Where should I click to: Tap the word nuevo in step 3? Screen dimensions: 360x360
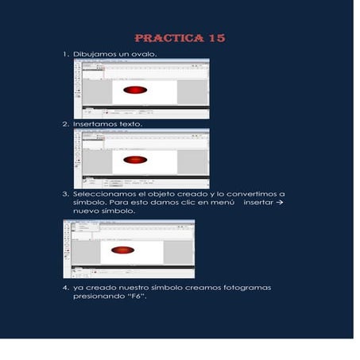(86, 212)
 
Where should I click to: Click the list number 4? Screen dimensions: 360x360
(65, 287)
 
